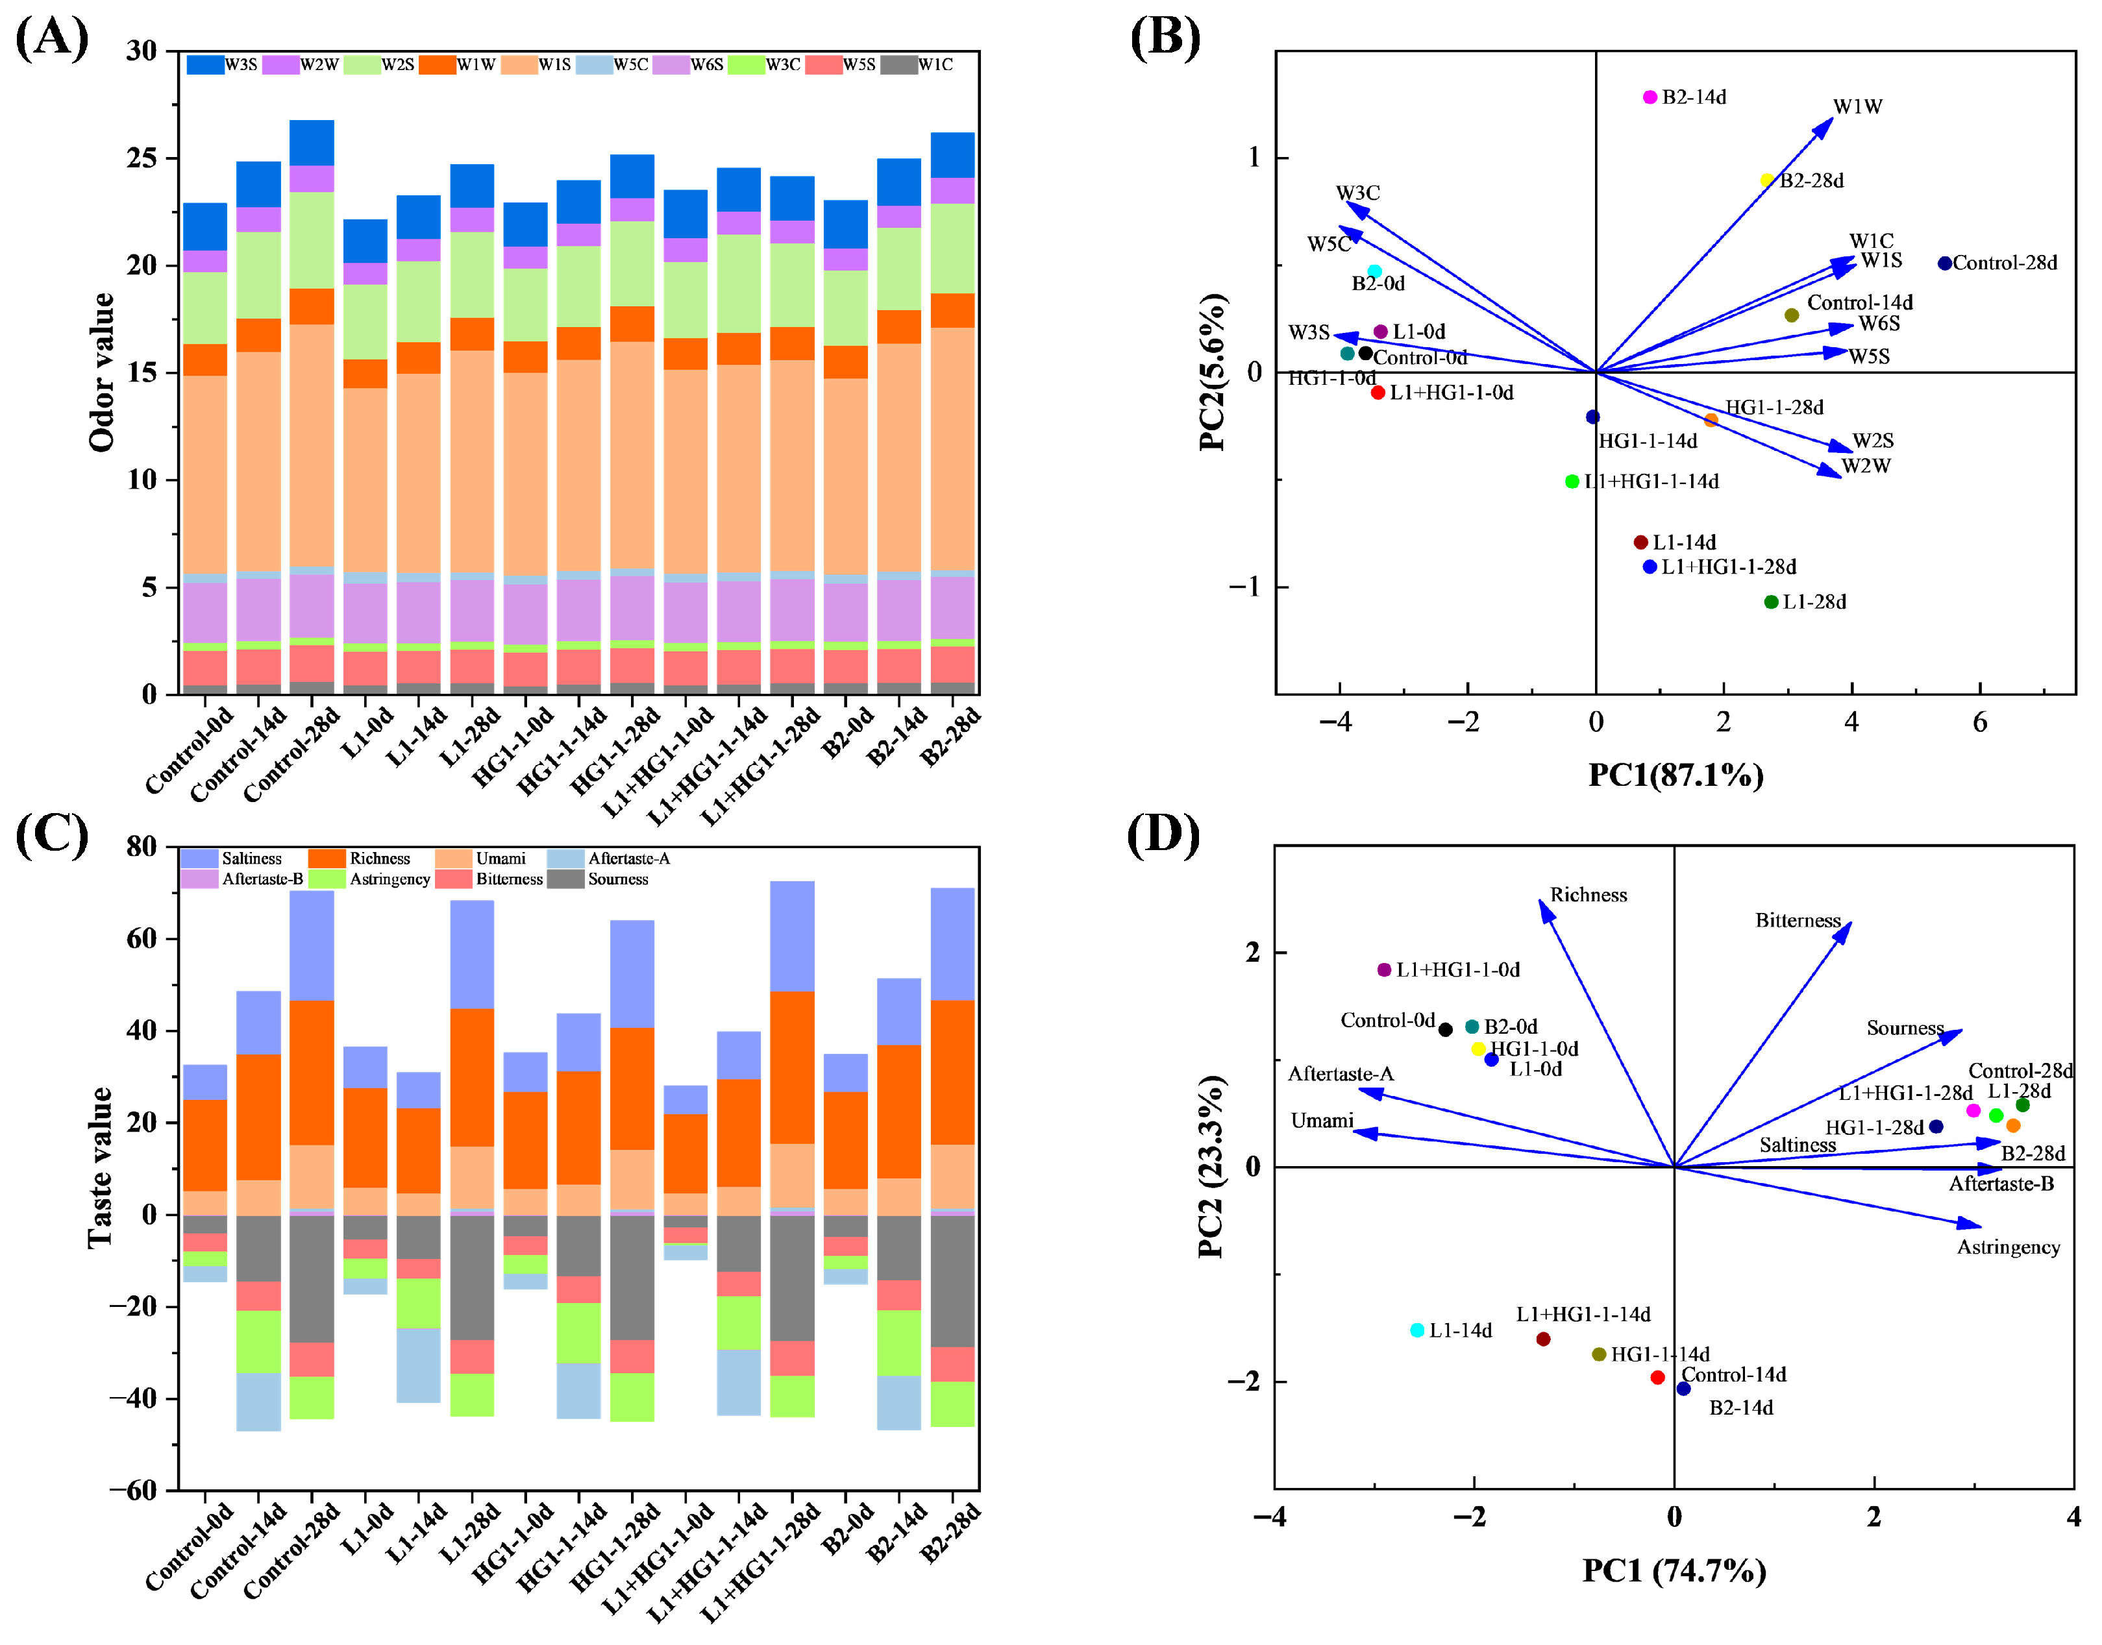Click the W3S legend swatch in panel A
click(204, 64)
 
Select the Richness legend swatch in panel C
click(327, 858)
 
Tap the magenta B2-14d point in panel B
click(1650, 97)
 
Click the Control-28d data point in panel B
click(1944, 263)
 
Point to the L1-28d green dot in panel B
click(1771, 602)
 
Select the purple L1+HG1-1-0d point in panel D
click(1384, 970)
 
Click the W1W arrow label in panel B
click(1857, 107)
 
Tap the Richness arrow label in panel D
click(1589, 895)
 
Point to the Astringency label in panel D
click(2009, 1247)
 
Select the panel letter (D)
click(1163, 833)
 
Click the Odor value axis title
click(102, 372)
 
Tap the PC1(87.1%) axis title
click(1675, 774)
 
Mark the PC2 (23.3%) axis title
click(1212, 1166)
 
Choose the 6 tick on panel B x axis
click(1980, 722)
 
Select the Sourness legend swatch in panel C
click(565, 879)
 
